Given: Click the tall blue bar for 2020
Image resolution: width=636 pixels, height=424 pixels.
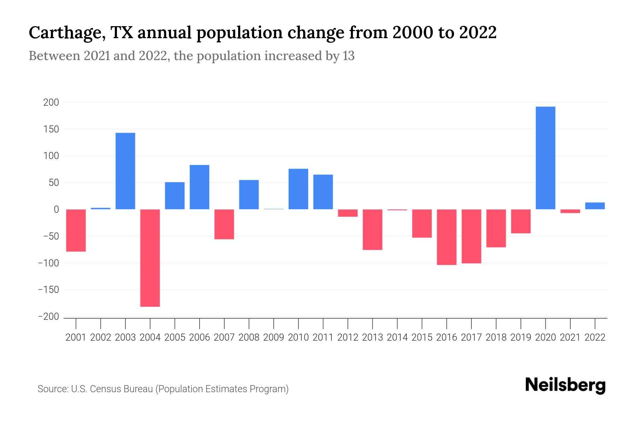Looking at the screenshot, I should [545, 158].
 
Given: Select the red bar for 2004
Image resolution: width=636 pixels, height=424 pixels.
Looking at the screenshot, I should [150, 258].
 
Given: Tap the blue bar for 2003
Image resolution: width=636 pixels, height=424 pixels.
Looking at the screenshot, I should [125, 171].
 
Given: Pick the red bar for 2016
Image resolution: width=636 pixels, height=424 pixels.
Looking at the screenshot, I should [447, 237].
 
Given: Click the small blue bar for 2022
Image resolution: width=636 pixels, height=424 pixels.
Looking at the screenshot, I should [595, 206].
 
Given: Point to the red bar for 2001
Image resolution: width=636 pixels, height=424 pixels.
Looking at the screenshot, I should [76, 230].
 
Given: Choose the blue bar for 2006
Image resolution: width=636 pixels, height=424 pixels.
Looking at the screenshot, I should [200, 187].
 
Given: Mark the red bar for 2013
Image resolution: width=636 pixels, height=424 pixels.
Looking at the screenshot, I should [372, 230].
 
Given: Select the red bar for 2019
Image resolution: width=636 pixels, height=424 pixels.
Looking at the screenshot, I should [521, 221].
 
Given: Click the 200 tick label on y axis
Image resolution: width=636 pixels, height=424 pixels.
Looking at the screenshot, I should [51, 102].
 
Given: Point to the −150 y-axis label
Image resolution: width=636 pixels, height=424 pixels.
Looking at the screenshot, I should [48, 290].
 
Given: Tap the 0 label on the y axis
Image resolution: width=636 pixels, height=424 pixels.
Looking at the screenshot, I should [56, 210].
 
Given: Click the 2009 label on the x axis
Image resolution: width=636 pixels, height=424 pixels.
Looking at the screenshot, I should [274, 337].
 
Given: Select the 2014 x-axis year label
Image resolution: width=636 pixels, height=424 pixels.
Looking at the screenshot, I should [397, 337].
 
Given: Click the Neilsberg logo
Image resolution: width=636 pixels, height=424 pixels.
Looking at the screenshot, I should [565, 385].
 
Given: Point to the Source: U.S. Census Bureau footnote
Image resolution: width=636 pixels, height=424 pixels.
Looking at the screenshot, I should [163, 389].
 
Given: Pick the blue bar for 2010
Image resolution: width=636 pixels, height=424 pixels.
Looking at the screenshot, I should [298, 189].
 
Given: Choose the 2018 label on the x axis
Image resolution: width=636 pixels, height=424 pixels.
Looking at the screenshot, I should [496, 337].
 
